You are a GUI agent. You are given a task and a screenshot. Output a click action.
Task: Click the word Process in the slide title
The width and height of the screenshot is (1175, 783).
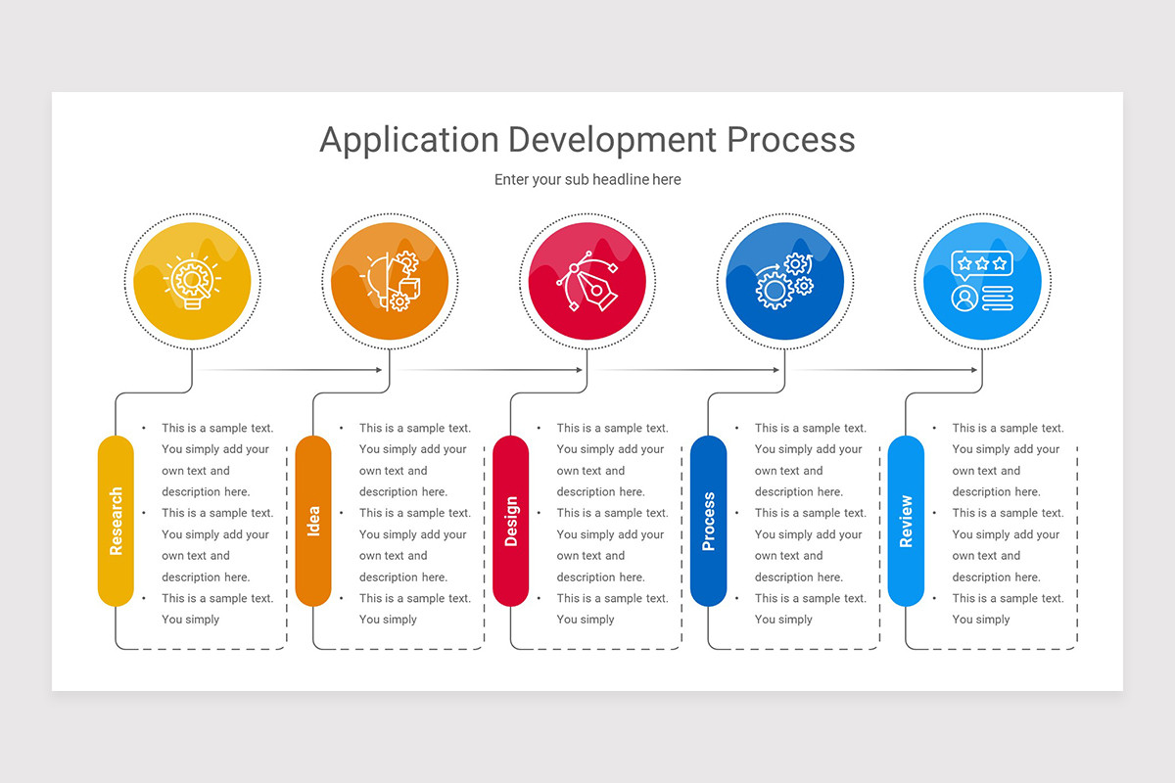pyautogui.click(x=790, y=140)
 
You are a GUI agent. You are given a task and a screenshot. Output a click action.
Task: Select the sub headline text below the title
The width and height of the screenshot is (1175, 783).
pyautogui.click(x=587, y=180)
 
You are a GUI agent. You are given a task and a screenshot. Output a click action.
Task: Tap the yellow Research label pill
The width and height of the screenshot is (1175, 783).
pyautogui.click(x=116, y=521)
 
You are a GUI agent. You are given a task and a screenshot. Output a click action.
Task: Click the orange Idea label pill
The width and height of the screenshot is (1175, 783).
pyautogui.click(x=313, y=521)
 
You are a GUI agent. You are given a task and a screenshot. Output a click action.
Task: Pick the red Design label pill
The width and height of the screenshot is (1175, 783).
pyautogui.click(x=511, y=521)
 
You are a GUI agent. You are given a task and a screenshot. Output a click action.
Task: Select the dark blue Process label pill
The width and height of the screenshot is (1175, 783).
pyautogui.click(x=709, y=521)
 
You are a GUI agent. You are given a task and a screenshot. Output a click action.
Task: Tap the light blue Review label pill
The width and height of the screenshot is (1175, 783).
pyautogui.click(x=906, y=521)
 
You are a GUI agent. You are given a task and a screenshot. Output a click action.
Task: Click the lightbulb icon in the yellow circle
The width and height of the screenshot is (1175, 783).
pyautogui.click(x=192, y=282)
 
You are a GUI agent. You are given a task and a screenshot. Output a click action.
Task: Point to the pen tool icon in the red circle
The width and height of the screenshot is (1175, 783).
pyautogui.click(x=587, y=281)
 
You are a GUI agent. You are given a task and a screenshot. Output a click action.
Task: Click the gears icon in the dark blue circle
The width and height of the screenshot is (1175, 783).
pyautogui.click(x=784, y=281)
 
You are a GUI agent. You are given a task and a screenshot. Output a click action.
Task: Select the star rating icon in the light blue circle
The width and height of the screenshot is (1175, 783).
pyautogui.click(x=981, y=264)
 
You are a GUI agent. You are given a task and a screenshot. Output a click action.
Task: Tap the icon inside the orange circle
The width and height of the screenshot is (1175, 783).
pyautogui.click(x=391, y=281)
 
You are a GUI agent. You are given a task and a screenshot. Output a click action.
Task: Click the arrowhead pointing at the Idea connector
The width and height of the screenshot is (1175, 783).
pyautogui.click(x=379, y=370)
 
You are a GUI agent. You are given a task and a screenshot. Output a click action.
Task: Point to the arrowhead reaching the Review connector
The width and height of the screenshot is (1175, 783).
pyautogui.click(x=974, y=370)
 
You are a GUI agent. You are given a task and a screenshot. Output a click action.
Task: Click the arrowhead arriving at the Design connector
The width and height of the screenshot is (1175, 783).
pyautogui.click(x=579, y=370)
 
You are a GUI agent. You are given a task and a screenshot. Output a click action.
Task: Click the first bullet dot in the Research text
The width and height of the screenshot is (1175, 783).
pyautogui.click(x=145, y=428)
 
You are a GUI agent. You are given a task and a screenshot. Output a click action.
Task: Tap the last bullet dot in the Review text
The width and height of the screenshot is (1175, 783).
pyautogui.click(x=935, y=598)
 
